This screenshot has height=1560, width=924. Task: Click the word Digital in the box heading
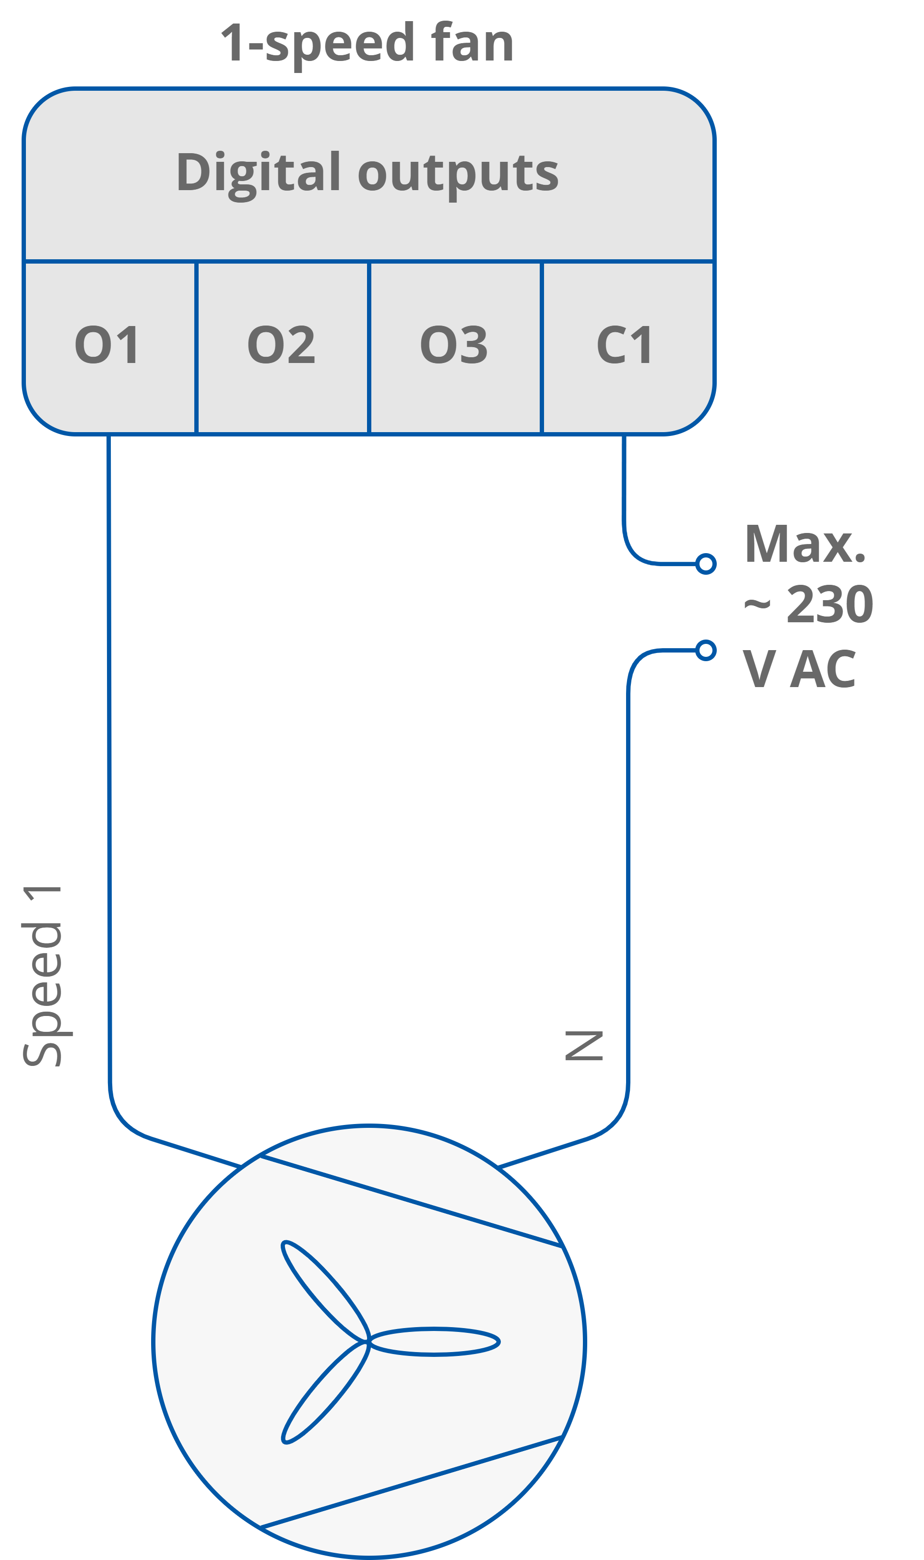[259, 172]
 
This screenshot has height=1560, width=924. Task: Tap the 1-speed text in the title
[318, 44]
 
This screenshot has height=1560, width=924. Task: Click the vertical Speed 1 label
[42, 976]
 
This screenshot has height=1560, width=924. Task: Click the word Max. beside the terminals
[805, 545]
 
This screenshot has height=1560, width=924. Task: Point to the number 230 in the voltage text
[829, 605]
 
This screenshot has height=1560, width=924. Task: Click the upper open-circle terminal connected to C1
[705, 564]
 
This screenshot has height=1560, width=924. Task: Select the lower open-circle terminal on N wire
[705, 651]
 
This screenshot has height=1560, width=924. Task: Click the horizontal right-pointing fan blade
[436, 1342]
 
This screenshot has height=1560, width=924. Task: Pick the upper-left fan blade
[320, 1286]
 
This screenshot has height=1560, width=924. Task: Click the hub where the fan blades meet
[368, 1342]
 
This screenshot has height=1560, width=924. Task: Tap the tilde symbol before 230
[758, 605]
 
